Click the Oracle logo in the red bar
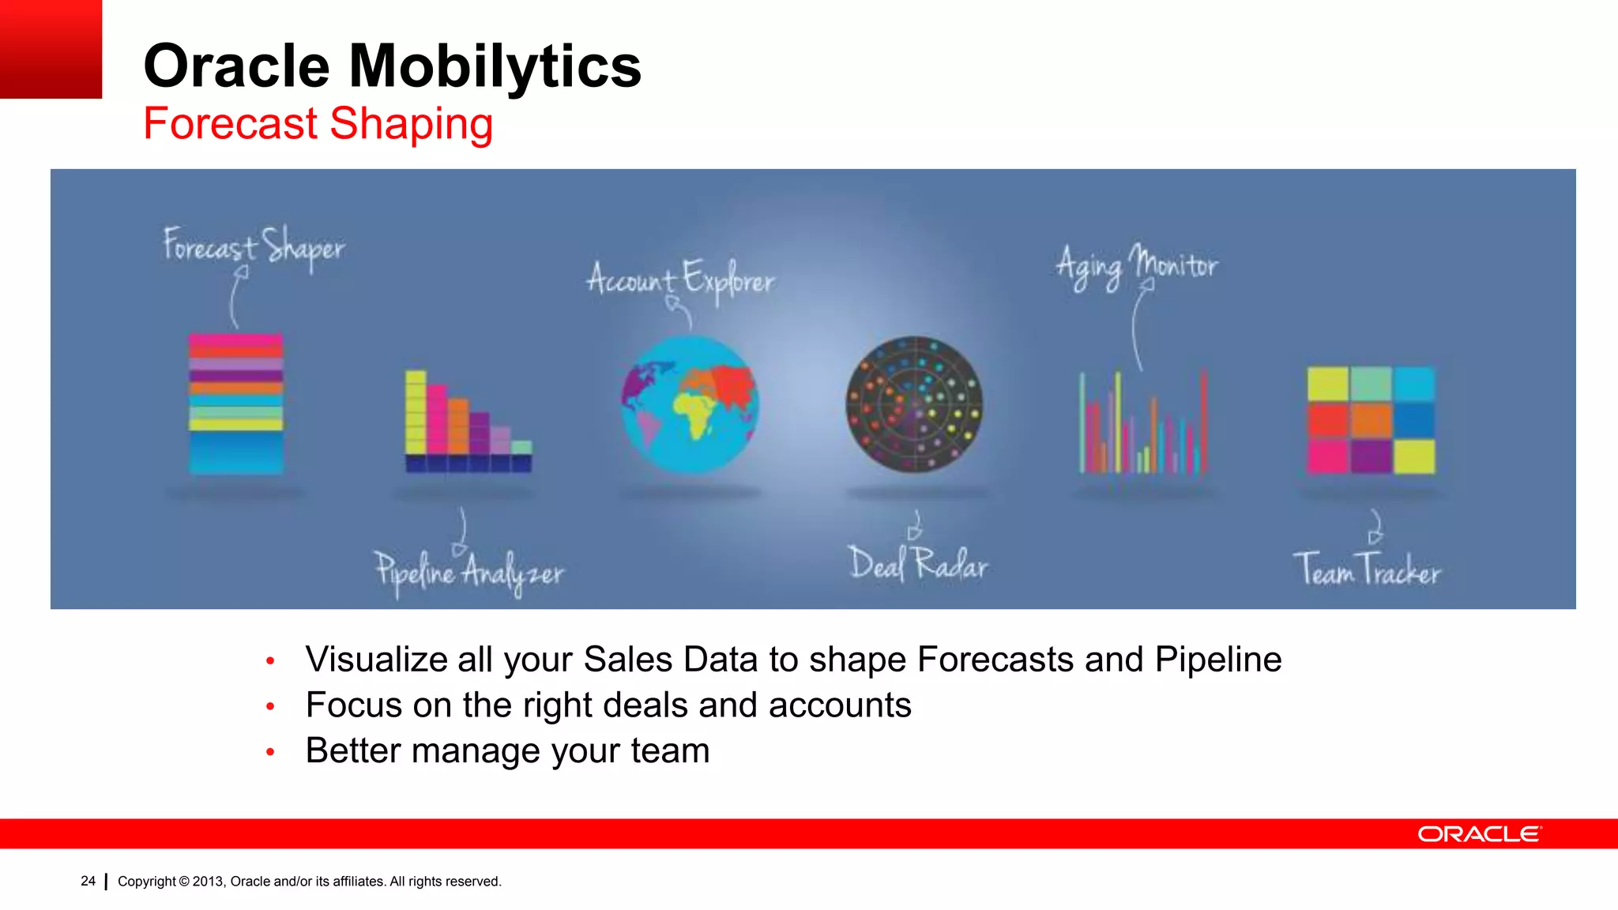[1478, 834]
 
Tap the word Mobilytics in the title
[495, 66]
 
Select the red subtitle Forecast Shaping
[318, 124]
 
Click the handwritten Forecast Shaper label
[254, 246]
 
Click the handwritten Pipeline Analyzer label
[469, 571]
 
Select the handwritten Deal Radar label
[918, 564]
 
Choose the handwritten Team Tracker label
[1367, 570]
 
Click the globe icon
[689, 404]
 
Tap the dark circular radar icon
[914, 404]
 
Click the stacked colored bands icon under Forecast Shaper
[235, 404]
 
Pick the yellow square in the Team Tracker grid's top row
[1327, 384]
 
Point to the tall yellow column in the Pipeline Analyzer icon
[416, 412]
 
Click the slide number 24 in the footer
[88, 881]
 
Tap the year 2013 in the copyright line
[209, 882]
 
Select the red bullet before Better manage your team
[270, 752]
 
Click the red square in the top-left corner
[51, 49]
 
